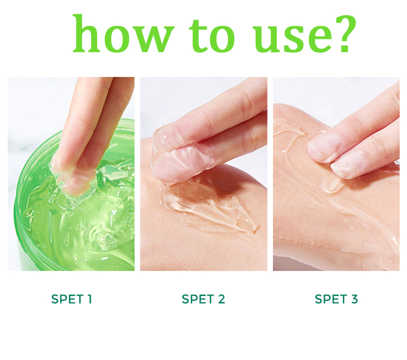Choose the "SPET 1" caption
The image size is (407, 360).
tap(72, 299)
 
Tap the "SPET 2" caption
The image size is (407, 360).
tap(203, 299)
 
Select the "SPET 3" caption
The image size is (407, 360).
tap(336, 299)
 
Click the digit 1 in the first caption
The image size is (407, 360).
tap(90, 299)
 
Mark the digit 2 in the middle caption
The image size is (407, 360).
tap(221, 299)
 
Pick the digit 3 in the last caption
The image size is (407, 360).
tap(354, 299)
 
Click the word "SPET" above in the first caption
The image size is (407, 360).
tap(65, 299)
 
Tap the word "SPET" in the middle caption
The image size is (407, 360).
tap(196, 299)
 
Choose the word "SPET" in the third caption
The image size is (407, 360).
tap(329, 299)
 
